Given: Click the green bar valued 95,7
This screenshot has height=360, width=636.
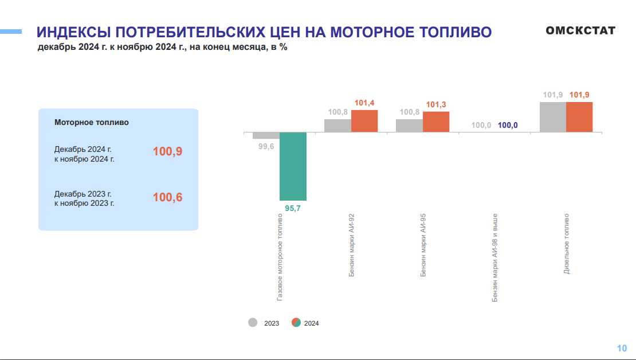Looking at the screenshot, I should coord(293,166).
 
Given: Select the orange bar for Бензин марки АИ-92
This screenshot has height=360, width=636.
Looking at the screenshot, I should coord(364,121).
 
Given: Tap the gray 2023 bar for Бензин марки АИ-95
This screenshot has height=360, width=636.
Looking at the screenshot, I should coord(409,126).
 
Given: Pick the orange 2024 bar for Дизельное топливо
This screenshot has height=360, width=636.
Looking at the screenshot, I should coord(579,117).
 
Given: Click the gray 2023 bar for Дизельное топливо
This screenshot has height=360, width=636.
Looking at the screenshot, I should coord(552,117).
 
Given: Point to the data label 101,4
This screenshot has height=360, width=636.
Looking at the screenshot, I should coord(364,103).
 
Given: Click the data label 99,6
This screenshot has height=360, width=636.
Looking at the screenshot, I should coord(266,147).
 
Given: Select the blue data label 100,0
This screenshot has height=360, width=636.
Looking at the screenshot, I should coord(508,125).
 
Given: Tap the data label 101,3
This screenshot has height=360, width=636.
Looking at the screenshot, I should coord(436,104).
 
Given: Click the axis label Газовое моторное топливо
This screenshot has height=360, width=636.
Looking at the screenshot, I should coord(280,257).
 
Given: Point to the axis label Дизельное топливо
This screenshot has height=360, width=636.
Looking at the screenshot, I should coord(566,243).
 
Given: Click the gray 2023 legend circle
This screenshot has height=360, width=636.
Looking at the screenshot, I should coord(253,322).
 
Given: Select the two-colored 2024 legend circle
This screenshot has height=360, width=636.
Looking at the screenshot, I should coord(296,322).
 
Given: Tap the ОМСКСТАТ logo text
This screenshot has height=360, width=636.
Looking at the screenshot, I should coord(580,30).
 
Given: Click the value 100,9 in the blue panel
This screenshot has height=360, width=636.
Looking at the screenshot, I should coord(167,152).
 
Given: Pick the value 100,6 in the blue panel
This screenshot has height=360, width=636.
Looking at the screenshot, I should coord(167,198).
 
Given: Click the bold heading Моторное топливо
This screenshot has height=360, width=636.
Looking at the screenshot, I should coord(92,122).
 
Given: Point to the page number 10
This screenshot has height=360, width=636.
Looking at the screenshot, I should coord(622,348).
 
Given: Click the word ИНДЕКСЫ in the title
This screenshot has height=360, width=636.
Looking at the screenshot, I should coord(73,32).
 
